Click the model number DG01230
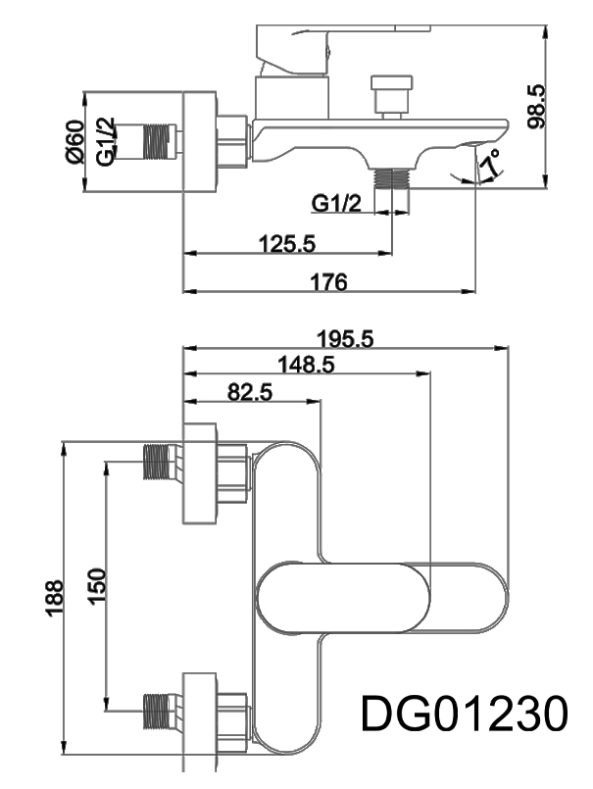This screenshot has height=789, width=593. pos(464,714)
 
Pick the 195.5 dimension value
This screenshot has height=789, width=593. pos(346,338)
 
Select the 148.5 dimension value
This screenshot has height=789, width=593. pos(306,365)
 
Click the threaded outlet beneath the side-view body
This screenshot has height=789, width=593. pos(394,178)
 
